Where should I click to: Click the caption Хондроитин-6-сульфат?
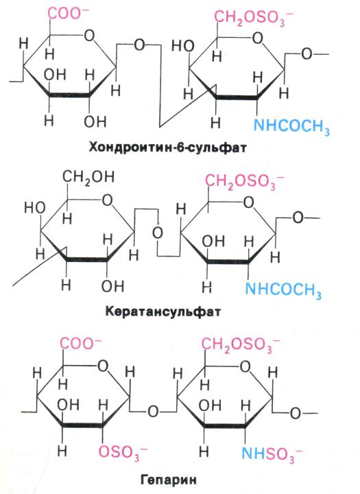(x=167, y=147)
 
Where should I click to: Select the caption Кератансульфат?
(x=163, y=311)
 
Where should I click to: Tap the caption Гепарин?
(x=168, y=480)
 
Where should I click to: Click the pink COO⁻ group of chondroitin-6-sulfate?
(x=68, y=14)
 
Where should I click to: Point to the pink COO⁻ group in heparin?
(x=81, y=343)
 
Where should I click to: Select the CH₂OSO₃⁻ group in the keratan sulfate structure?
(x=244, y=182)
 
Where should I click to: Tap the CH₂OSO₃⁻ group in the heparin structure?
(x=240, y=345)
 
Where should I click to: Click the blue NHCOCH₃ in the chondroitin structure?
(x=291, y=127)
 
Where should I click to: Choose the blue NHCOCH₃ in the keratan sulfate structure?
(x=283, y=290)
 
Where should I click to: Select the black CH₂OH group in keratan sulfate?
(x=88, y=178)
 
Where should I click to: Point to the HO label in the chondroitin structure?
(x=182, y=47)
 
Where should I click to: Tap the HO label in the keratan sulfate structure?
(x=35, y=208)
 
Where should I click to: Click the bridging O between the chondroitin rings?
(x=139, y=45)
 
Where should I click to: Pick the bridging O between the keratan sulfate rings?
(x=158, y=233)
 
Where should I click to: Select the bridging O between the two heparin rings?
(x=153, y=412)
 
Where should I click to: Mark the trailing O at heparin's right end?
(x=295, y=413)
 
